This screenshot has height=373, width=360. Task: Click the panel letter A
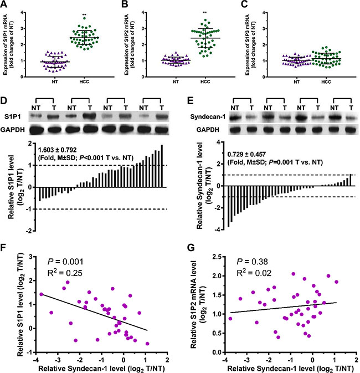click(x=6, y=5)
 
